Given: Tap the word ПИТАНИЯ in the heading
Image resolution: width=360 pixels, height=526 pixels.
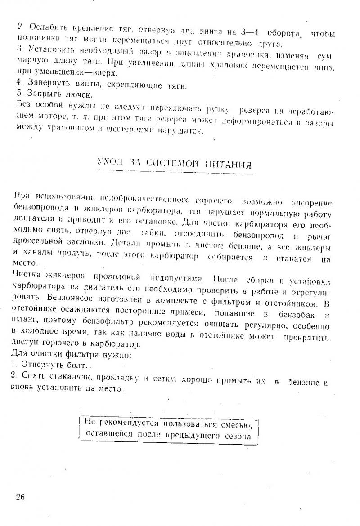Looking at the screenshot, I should pyautogui.click(x=228, y=165).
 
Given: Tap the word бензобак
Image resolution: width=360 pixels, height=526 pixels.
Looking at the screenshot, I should pyautogui.click(x=299, y=313).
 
